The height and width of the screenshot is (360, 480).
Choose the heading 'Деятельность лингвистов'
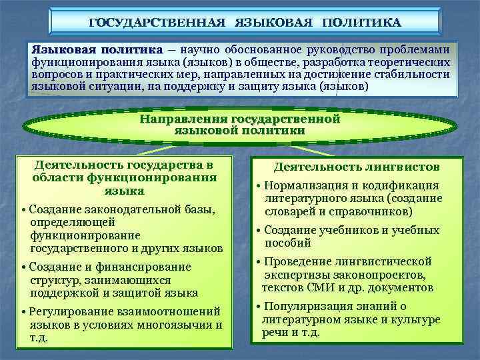(357, 167)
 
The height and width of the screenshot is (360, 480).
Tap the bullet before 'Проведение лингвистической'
(259, 262)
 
